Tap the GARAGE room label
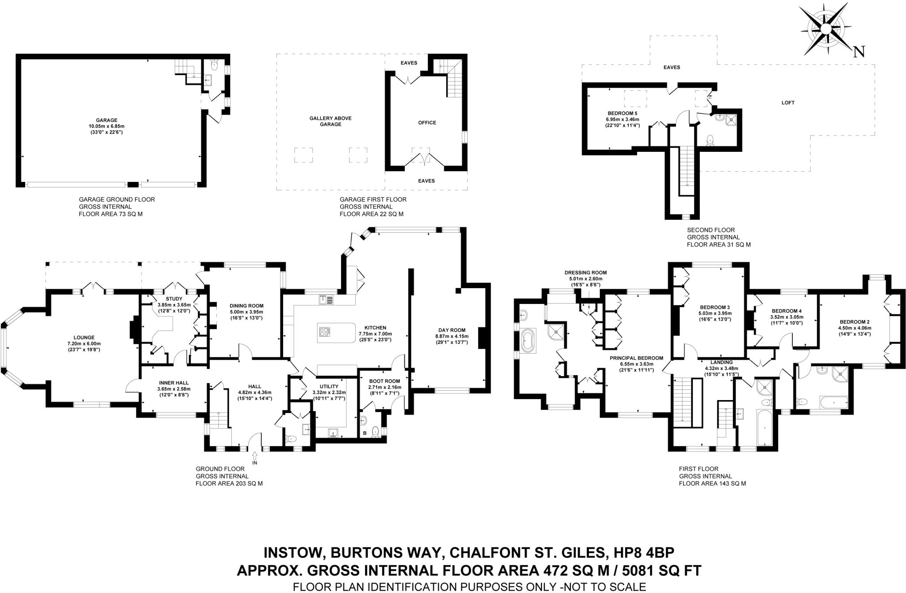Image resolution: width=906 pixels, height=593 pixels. [107, 120]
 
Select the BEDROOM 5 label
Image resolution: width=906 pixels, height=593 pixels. [622, 113]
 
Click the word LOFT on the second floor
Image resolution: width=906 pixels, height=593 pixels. [788, 103]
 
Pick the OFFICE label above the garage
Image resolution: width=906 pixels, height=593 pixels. [427, 123]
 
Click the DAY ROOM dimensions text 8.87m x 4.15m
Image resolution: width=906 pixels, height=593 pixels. [452, 336]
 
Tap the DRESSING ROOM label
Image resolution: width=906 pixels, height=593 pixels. [585, 273]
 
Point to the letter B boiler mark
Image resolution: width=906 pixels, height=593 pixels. [365, 433]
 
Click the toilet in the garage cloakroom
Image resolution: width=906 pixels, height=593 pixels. [214, 66]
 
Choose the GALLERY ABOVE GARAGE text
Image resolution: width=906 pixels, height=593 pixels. [330, 121]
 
